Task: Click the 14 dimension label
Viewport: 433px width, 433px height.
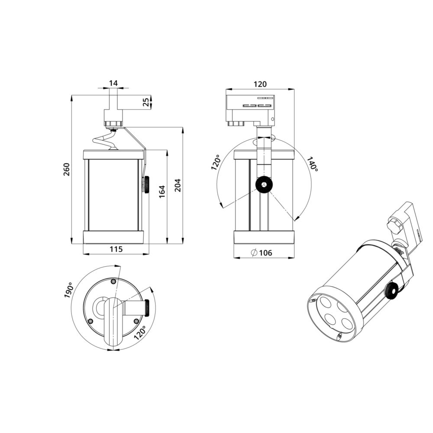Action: coord(113,83)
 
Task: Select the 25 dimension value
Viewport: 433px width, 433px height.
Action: coord(146,102)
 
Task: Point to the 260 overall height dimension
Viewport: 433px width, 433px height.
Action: coord(66,169)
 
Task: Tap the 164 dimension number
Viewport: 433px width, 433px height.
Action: coord(162,192)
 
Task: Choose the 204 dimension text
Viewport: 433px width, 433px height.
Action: coord(178,185)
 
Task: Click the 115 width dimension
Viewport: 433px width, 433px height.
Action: coord(116,249)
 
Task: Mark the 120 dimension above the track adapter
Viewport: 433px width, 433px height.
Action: coord(260,84)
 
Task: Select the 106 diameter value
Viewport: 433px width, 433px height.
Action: coord(266,252)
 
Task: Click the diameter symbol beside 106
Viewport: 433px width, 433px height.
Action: coord(255,252)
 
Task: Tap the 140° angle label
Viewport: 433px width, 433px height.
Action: coord(312,165)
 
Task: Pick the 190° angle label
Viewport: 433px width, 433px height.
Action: coord(68,290)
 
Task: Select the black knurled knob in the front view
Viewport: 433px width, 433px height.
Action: coord(263,185)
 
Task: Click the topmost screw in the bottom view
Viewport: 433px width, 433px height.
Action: coord(113,282)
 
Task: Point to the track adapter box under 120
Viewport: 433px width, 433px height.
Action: coord(250,107)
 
